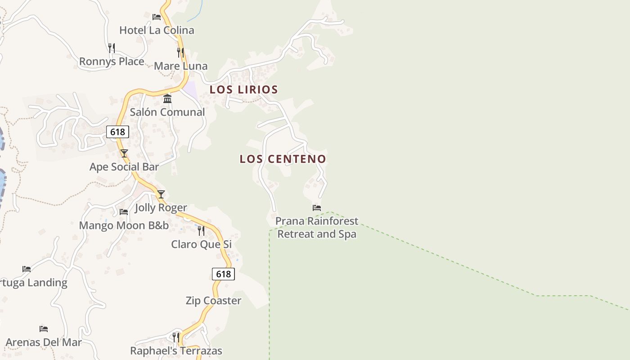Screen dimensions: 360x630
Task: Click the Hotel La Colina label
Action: coord(157,30)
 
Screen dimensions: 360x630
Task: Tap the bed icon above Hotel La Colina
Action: coord(157,17)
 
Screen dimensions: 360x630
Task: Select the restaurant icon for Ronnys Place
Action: coord(112,48)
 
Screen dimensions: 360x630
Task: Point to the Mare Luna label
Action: coord(180,66)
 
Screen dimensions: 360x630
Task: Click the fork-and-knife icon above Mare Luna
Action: coord(180,53)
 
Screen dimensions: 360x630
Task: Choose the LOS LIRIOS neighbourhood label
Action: coord(244,90)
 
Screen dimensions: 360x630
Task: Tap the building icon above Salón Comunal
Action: coord(167,99)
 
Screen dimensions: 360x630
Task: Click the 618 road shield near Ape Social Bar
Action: coord(118,132)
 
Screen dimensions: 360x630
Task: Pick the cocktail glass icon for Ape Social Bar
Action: coord(124,153)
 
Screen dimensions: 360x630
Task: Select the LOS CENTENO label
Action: coord(283,159)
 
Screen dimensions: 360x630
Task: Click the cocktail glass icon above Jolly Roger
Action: coord(161,194)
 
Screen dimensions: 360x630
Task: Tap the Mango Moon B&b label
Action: coord(124,225)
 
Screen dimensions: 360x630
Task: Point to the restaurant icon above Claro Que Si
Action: coord(201,231)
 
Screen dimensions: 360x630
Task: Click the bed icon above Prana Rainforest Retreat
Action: coord(317,208)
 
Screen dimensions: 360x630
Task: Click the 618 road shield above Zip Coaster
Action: coord(223,274)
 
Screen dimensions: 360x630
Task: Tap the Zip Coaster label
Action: coord(213,301)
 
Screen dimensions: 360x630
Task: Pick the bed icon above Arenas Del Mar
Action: coord(44,329)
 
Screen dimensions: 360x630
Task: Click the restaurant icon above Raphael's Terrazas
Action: coord(176,337)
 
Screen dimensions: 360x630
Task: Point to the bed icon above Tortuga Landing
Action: coord(27,269)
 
